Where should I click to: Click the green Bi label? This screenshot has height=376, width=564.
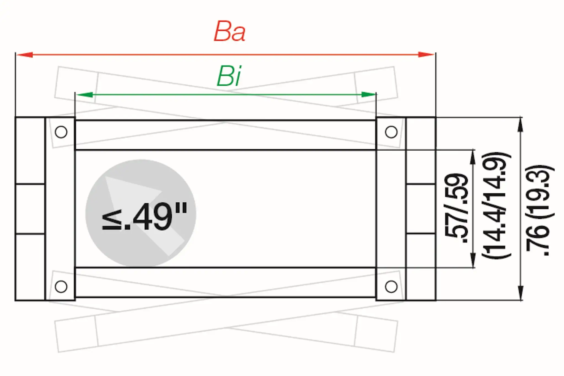229,76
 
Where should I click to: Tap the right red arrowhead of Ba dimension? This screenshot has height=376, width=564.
426,55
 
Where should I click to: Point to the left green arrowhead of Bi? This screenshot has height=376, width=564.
84,95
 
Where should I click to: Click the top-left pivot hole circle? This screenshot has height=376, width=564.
61,132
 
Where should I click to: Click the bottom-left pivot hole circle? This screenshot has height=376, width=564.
61,286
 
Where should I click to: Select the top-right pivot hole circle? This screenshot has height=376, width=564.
391,132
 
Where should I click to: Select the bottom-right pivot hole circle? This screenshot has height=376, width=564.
391,286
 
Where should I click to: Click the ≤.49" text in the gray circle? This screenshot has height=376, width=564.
144,217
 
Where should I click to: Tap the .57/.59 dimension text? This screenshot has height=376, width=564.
456,208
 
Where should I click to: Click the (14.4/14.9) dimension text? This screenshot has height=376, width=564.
496,205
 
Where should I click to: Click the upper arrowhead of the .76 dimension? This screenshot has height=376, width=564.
520,125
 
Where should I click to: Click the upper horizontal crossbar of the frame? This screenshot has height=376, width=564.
225,135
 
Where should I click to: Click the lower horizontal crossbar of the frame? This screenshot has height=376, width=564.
225,282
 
